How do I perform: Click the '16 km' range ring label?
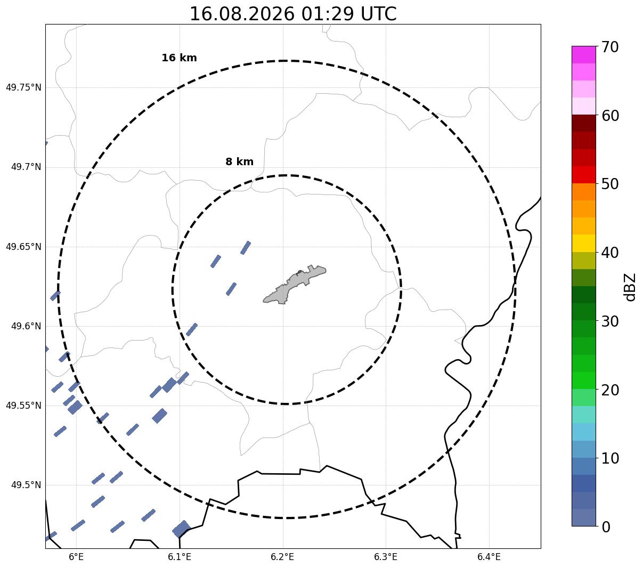click(180, 58)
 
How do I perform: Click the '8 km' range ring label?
click(240, 161)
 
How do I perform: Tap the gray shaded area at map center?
click(295, 285)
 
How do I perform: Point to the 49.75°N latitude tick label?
click(23, 87)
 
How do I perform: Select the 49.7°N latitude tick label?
click(26, 167)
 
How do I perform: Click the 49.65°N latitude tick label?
click(23, 247)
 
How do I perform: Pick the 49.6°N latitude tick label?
click(26, 326)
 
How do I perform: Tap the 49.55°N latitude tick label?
click(23, 406)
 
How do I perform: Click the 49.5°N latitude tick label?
click(26, 485)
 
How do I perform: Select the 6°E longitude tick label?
click(76, 557)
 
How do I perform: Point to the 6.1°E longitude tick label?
click(180, 557)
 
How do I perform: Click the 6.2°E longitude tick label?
click(282, 557)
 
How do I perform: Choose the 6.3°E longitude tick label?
click(386, 557)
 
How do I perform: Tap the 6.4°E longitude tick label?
click(489, 557)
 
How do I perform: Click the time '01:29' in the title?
click(328, 14)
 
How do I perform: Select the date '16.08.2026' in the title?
click(242, 14)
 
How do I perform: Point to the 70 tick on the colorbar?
click(610, 47)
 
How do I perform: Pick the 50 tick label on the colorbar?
click(610, 184)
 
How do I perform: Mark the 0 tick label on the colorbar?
click(606, 527)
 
